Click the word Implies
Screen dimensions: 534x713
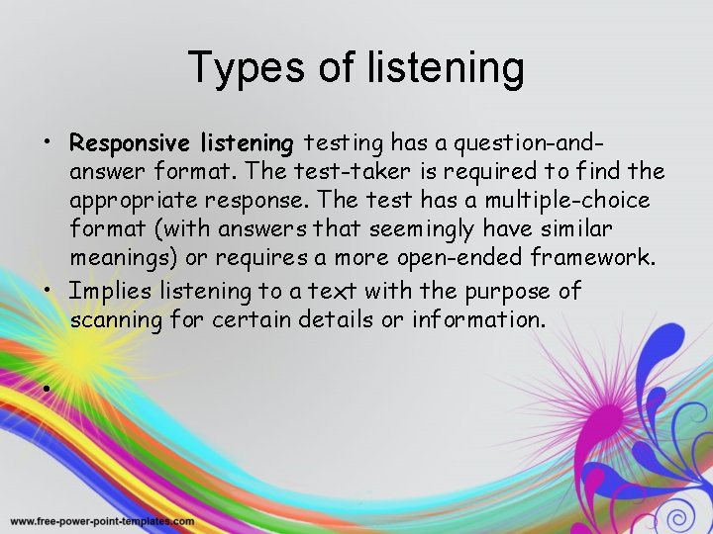[x=106, y=292]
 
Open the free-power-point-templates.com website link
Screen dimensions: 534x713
[x=102, y=521]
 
